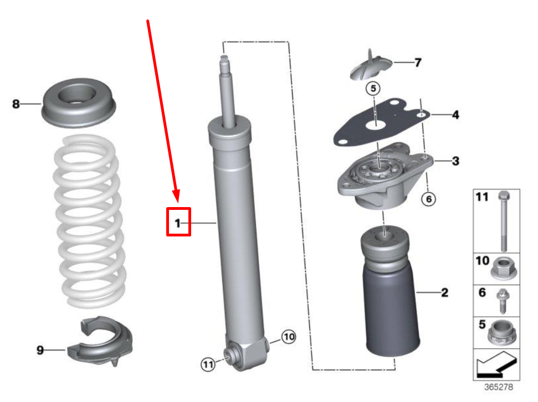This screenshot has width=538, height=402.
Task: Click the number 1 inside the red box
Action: pyautogui.click(x=178, y=223)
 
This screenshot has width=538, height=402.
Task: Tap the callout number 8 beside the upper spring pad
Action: pyautogui.click(x=16, y=104)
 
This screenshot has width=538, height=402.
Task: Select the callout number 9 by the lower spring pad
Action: pyautogui.click(x=40, y=350)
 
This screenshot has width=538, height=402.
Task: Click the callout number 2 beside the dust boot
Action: pyautogui.click(x=444, y=292)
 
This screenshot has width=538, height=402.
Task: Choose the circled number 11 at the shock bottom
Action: pyautogui.click(x=207, y=364)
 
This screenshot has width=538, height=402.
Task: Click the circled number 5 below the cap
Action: pyautogui.click(x=373, y=88)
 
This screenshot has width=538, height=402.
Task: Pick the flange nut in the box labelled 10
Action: pyautogui.click(x=503, y=270)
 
